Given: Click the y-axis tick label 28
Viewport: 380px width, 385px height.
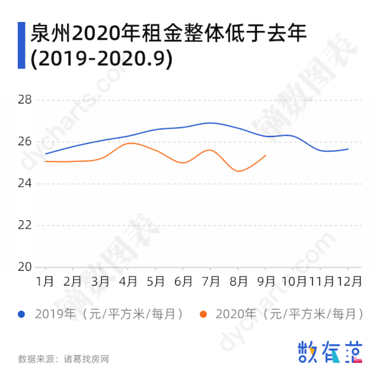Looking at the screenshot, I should click(x=24, y=100).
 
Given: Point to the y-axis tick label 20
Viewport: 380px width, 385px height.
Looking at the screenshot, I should click(x=24, y=267).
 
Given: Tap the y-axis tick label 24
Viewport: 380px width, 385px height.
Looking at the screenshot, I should click(x=24, y=183).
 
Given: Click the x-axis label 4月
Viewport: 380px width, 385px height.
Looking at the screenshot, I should click(x=128, y=281).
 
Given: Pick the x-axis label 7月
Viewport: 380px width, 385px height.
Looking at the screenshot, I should click(x=211, y=281).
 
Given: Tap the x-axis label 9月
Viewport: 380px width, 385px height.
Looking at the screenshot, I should click(x=266, y=281).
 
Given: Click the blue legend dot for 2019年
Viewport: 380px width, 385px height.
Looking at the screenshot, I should click(x=22, y=314).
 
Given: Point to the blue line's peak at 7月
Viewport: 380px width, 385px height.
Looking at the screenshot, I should click(x=211, y=123).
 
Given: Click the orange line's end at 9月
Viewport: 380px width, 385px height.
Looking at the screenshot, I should click(x=265, y=155).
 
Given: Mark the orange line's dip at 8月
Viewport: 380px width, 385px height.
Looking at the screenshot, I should click(x=239, y=171).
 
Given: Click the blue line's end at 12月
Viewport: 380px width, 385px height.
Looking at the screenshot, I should click(x=348, y=149).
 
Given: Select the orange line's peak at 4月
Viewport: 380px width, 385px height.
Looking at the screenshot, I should click(x=130, y=143).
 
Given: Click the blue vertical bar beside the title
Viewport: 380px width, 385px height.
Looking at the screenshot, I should click(x=21, y=45).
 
